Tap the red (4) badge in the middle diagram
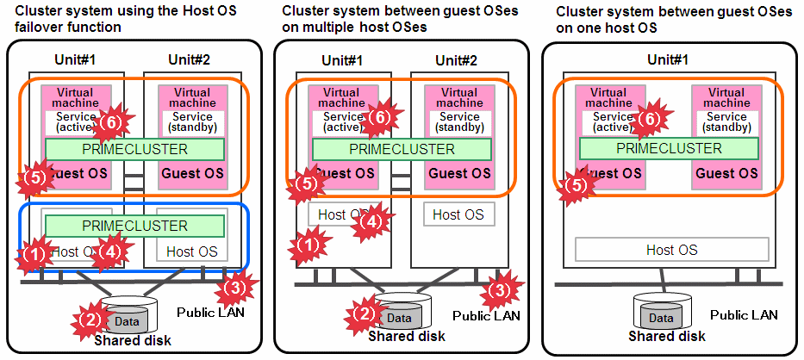tap(367, 221)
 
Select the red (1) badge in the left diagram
tap(34, 254)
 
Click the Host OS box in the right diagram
tap(671, 250)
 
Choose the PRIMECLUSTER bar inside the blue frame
tap(134, 226)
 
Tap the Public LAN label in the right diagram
tap(744, 315)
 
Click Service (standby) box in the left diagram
tap(191, 122)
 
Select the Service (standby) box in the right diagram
tap(726, 122)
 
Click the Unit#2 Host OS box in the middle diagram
tap(458, 214)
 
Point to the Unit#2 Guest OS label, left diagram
tap(192, 173)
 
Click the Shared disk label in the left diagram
tap(133, 340)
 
